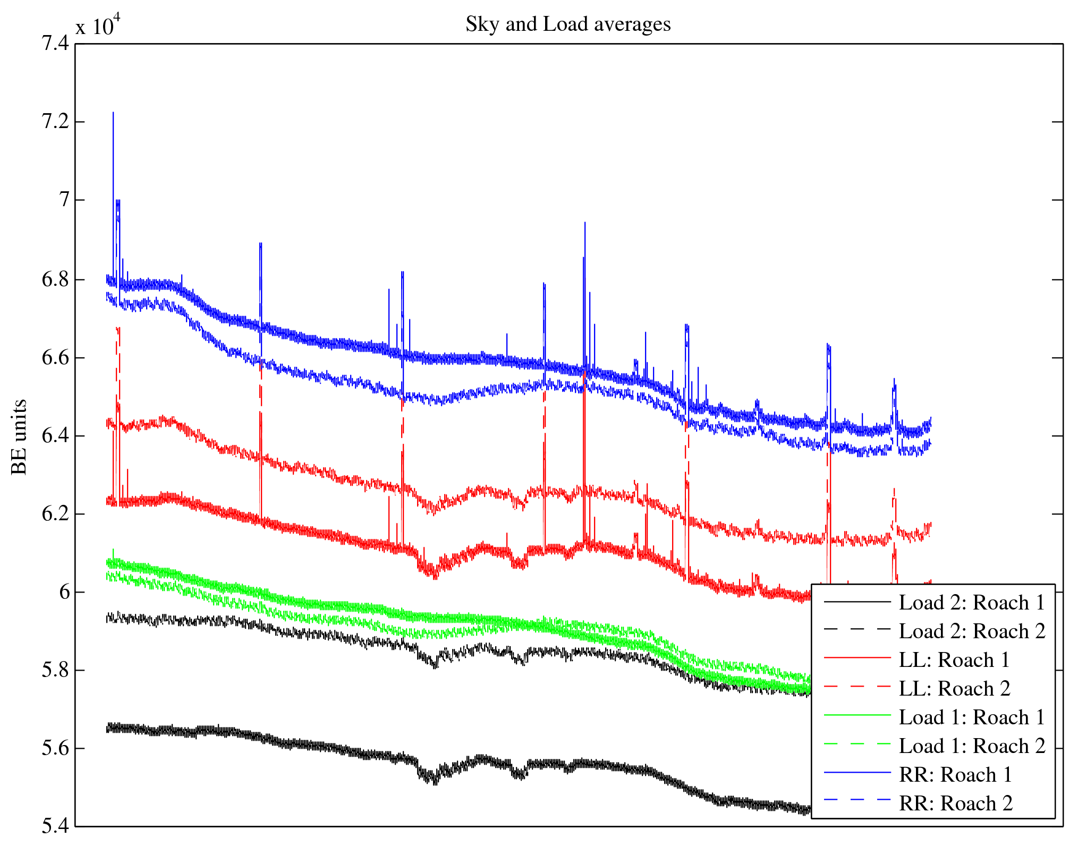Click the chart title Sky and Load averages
(x=568, y=24)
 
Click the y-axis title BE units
(x=19, y=437)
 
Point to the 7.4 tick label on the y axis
(x=55, y=43)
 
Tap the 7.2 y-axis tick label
(x=55, y=122)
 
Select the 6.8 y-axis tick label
(x=55, y=280)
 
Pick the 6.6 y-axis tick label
(x=55, y=358)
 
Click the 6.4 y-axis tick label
(x=55, y=436)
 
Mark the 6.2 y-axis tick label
(x=55, y=514)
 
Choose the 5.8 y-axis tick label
(x=55, y=670)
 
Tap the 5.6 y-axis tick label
(x=55, y=748)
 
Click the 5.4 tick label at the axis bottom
(x=55, y=826)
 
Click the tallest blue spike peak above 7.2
(x=113, y=113)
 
